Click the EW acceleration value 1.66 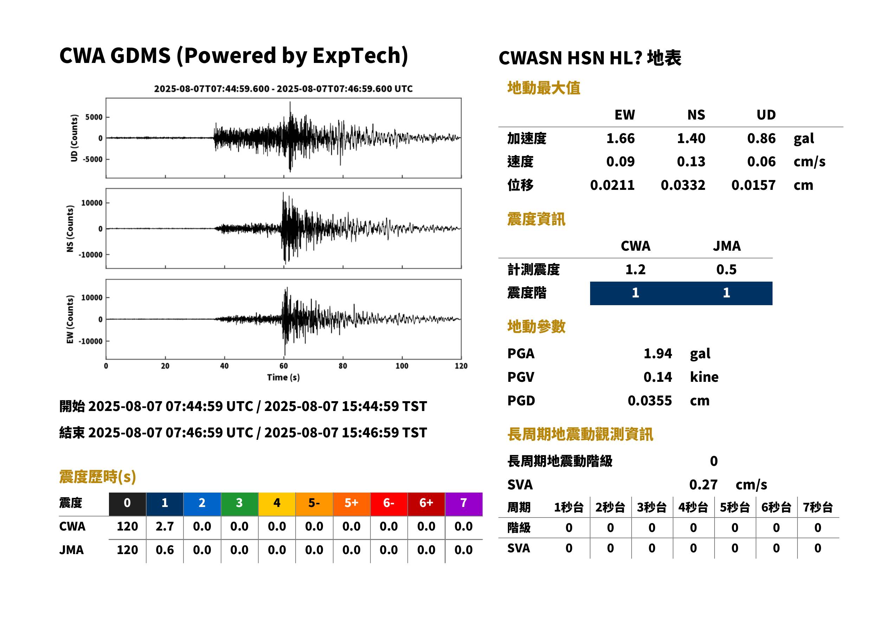tap(620, 139)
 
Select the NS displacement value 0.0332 tap(683, 185)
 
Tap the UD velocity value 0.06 tap(761, 162)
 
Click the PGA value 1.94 tap(658, 353)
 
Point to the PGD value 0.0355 tap(650, 400)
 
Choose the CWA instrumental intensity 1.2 tap(635, 270)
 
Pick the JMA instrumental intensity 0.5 tap(726, 270)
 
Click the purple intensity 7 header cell tap(464, 503)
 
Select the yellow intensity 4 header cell tap(277, 503)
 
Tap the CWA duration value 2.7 tap(164, 526)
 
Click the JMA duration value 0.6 tap(164, 550)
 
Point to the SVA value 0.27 tap(703, 485)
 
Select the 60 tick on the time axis tap(283, 366)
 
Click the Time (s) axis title tap(283, 378)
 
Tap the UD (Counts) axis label tap(74, 138)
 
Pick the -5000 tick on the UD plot tap(93, 159)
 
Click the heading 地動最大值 tap(543, 88)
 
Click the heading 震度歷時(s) tap(97, 477)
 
